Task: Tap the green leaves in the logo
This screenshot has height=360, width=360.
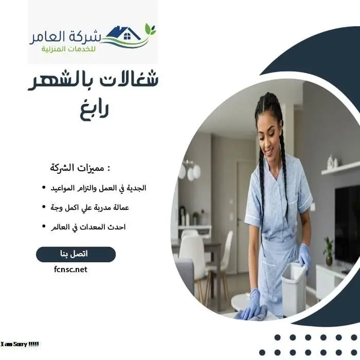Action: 150,29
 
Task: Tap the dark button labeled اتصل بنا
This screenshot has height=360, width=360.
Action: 76,254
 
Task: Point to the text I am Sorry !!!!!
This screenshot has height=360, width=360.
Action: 20,344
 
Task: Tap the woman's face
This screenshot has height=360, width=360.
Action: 269,135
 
